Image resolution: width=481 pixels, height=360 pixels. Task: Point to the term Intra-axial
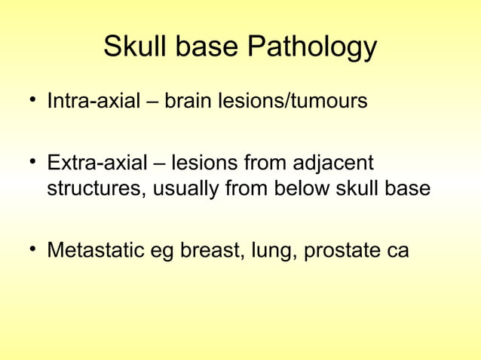93,100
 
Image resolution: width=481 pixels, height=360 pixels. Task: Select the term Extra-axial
97,163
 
